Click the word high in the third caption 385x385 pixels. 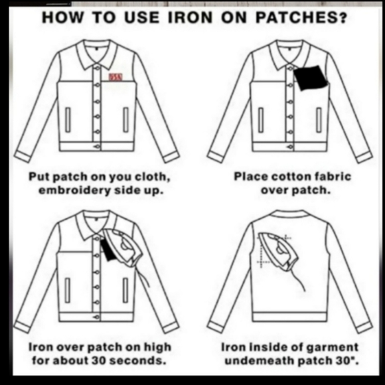[157, 347]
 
